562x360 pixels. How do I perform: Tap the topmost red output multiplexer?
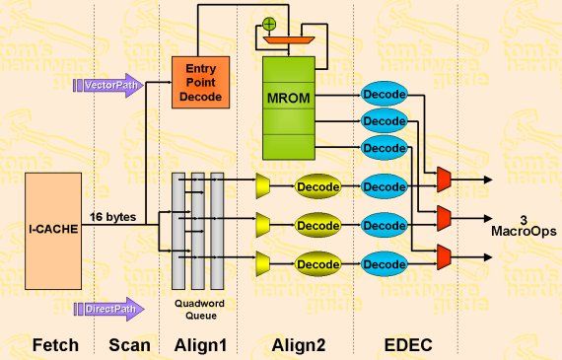(x=444, y=178)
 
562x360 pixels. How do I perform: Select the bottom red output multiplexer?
(x=444, y=258)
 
